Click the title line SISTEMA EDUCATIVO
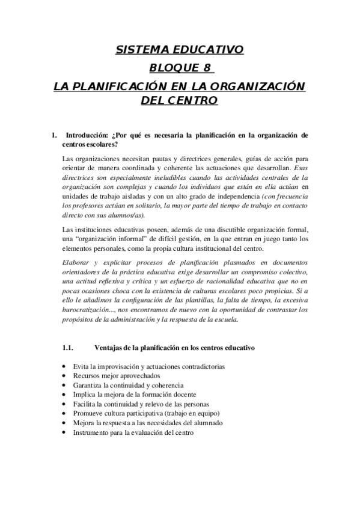click(180, 50)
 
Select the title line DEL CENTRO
click(179, 100)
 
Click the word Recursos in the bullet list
click(87, 375)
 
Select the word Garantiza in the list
click(88, 385)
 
